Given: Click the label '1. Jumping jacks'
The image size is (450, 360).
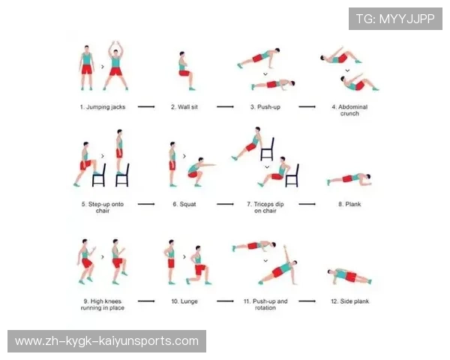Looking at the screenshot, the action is pyautogui.click(x=103, y=107).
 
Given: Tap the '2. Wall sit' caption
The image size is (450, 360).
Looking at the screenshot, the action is pyautogui.click(x=184, y=107).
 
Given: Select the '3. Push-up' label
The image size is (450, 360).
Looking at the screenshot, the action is pyautogui.click(x=265, y=107).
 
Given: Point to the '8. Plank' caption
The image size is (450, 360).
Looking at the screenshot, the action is pyautogui.click(x=349, y=204).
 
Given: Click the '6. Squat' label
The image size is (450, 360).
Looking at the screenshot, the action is pyautogui.click(x=184, y=204).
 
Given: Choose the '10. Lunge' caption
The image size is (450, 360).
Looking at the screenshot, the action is pyautogui.click(x=184, y=301).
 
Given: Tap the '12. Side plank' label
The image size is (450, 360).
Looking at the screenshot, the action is pyautogui.click(x=349, y=301).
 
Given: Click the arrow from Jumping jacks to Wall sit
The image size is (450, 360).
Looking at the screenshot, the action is pyautogui.click(x=146, y=106).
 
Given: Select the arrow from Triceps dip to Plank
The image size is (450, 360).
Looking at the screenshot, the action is pyautogui.click(x=307, y=204).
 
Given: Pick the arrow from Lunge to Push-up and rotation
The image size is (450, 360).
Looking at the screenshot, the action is pyautogui.click(x=225, y=301).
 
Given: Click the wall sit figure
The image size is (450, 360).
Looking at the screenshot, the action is pyautogui.click(x=186, y=71).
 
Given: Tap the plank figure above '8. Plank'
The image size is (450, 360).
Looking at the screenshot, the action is pyautogui.click(x=349, y=178).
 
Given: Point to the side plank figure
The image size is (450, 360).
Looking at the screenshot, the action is pyautogui.click(x=349, y=275).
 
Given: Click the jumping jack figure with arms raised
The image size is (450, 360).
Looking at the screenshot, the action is pyautogui.click(x=115, y=66).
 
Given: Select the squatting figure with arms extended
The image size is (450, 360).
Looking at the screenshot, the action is pyautogui.click(x=200, y=172).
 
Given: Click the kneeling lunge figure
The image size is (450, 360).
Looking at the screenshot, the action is pyautogui.click(x=199, y=265).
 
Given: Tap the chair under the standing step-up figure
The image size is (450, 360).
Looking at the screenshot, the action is pyautogui.click(x=122, y=175).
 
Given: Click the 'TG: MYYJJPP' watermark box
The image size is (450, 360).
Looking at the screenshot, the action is pyautogui.click(x=395, y=19).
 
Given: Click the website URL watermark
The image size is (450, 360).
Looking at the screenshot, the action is pyautogui.click(x=106, y=341).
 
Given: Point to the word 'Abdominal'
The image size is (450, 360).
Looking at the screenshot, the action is pyautogui.click(x=352, y=106).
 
